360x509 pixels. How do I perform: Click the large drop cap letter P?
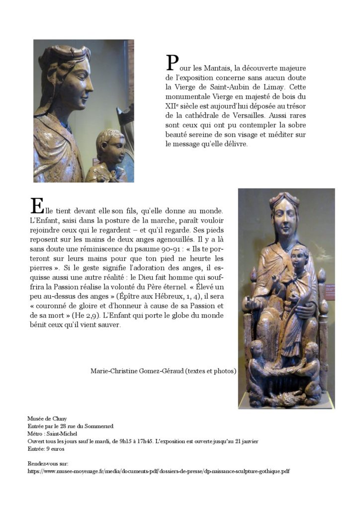tap(172, 63)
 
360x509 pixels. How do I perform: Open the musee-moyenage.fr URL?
tap(159, 471)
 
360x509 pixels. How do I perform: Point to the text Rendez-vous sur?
tap(48, 463)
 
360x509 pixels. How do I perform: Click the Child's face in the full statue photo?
tap(299, 258)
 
